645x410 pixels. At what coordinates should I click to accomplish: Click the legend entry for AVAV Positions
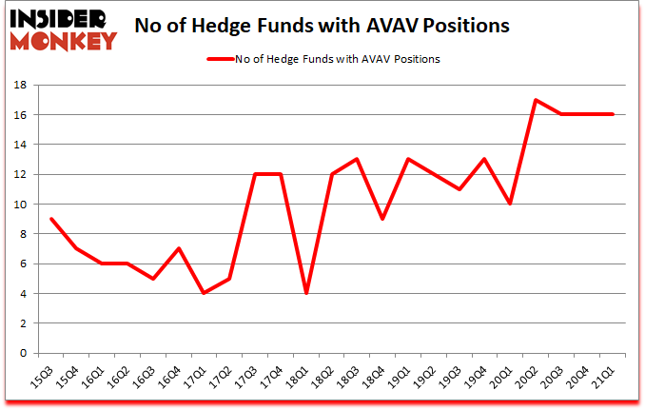pyautogui.click(x=323, y=59)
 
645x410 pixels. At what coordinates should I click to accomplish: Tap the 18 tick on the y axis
pyautogui.click(x=19, y=85)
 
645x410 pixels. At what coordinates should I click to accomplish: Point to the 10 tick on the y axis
pyautogui.click(x=19, y=205)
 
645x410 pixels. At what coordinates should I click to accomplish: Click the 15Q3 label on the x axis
pyautogui.click(x=43, y=378)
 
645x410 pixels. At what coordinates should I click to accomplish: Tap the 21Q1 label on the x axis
pyautogui.click(x=605, y=378)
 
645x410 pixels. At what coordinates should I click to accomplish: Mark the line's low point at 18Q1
pyautogui.click(x=305, y=293)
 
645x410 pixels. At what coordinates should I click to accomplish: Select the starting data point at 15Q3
pyautogui.click(x=50, y=219)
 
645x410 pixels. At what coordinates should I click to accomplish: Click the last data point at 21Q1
pyautogui.click(x=613, y=114)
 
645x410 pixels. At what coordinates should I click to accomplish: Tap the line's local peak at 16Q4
pyautogui.click(x=178, y=248)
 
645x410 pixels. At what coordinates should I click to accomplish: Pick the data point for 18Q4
pyautogui.click(x=381, y=219)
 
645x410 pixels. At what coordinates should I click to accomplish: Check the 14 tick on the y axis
pyautogui.click(x=19, y=145)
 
